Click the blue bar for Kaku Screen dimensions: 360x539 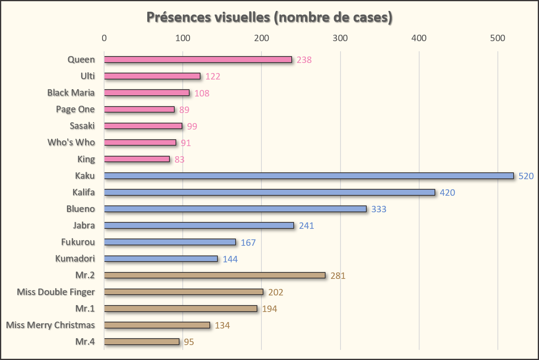(x=309, y=176)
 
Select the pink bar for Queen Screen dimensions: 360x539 (x=198, y=59)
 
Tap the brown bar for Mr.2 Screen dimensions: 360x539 (x=215, y=275)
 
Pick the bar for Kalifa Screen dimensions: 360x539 (x=269, y=192)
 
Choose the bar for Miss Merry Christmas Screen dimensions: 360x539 (x=157, y=325)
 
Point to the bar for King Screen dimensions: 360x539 (x=137, y=159)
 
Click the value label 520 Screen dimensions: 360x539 (x=526, y=176)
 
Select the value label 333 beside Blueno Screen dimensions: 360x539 (x=379, y=209)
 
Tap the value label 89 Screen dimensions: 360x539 (x=184, y=109)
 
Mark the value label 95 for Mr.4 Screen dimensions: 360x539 (x=189, y=342)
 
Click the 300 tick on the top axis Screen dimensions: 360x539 (x=340, y=38)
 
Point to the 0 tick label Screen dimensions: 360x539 (x=104, y=38)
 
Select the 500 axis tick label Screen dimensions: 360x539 (x=497, y=38)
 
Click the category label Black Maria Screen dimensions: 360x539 (x=71, y=92)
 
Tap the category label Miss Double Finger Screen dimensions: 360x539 (x=56, y=292)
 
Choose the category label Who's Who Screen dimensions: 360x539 (x=71, y=142)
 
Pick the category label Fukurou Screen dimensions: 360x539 (x=78, y=242)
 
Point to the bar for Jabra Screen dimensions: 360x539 (x=199, y=225)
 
